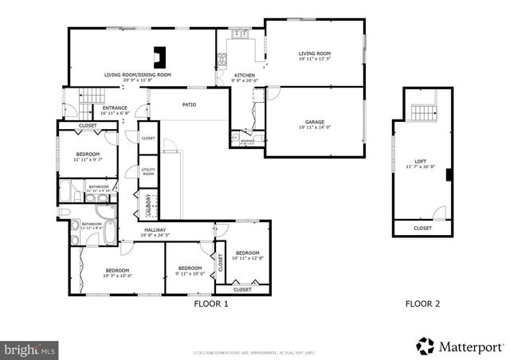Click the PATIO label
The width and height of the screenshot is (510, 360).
(x=189, y=104)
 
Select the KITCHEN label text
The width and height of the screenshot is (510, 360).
(x=244, y=76)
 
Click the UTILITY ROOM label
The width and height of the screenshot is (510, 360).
(x=148, y=171)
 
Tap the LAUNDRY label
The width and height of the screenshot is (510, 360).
(x=148, y=204)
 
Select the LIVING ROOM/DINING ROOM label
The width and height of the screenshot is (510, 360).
(x=138, y=76)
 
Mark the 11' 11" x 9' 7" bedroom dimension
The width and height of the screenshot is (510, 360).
(x=88, y=159)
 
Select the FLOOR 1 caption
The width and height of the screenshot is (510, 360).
(x=211, y=303)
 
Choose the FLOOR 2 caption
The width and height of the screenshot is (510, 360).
(x=422, y=303)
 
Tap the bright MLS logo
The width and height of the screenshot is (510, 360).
(x=30, y=349)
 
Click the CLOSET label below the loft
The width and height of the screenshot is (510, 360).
(x=422, y=229)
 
